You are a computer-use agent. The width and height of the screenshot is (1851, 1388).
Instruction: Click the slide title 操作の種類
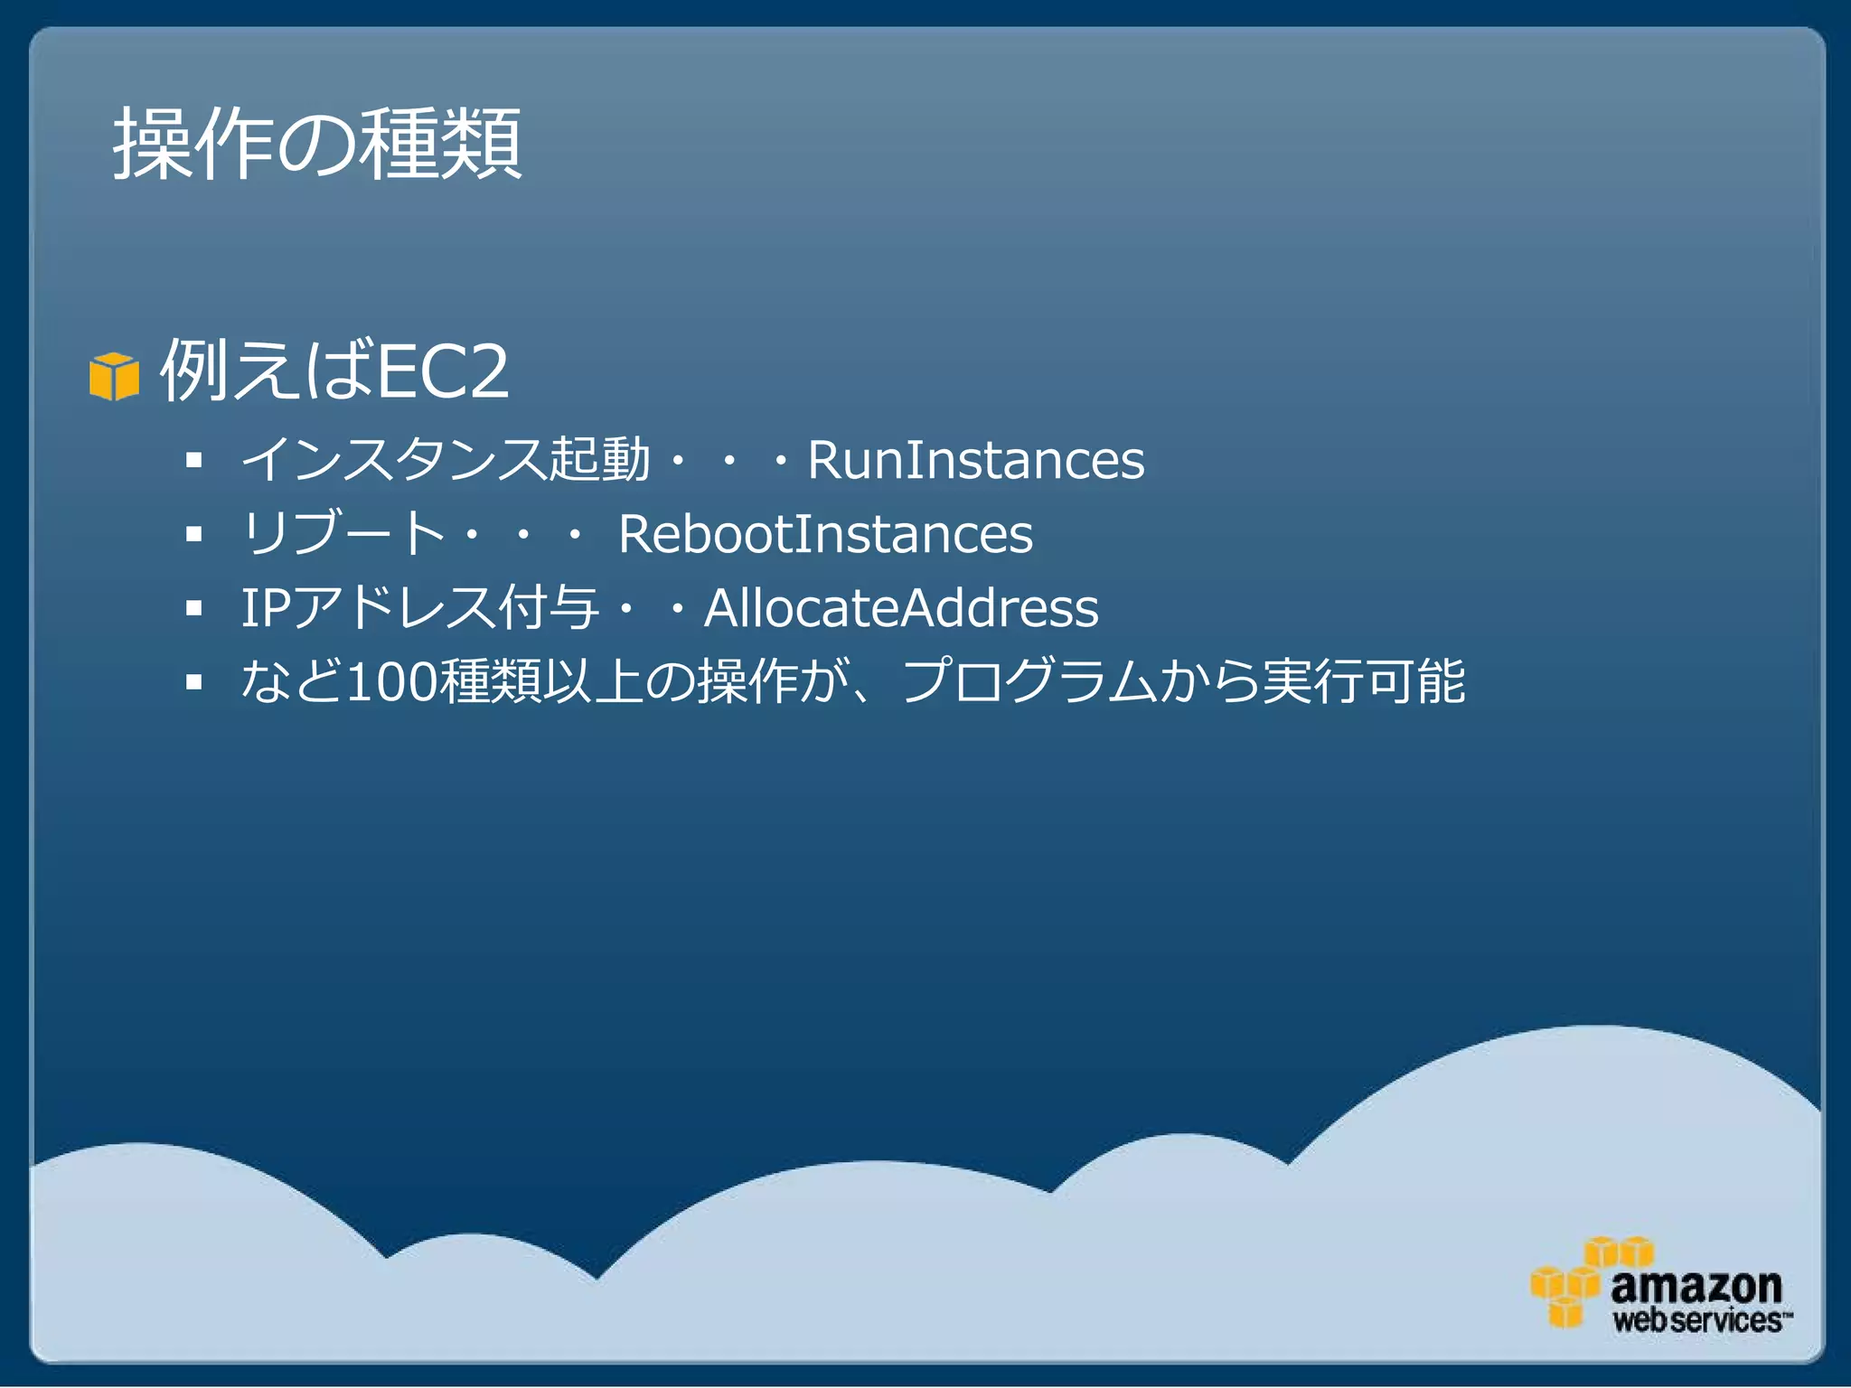click(x=316, y=144)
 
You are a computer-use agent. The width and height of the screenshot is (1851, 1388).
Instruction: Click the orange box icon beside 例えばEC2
click(x=114, y=376)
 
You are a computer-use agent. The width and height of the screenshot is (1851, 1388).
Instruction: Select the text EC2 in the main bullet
click(x=442, y=371)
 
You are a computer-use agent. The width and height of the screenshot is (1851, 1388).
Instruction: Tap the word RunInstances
click(x=975, y=460)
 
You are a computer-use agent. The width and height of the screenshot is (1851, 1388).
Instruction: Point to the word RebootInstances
click(x=825, y=534)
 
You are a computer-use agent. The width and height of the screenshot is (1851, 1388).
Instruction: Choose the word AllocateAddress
click(x=901, y=608)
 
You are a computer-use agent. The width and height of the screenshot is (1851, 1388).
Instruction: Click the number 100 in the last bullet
click(x=391, y=682)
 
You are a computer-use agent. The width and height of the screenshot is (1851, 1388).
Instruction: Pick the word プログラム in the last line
click(x=1029, y=682)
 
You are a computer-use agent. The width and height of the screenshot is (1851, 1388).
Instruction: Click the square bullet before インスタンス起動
click(x=193, y=461)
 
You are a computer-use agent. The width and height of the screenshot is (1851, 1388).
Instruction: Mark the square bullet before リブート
click(x=193, y=535)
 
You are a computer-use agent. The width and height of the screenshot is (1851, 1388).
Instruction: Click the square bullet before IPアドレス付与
click(x=193, y=609)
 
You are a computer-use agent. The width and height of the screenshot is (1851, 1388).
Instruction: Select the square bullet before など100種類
click(x=193, y=683)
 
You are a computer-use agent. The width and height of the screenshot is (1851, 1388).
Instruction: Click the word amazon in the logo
click(x=1696, y=1285)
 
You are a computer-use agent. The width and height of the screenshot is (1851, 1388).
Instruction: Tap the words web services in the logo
click(x=1698, y=1320)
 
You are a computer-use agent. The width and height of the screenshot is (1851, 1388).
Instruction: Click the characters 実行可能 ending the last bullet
click(x=1364, y=682)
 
